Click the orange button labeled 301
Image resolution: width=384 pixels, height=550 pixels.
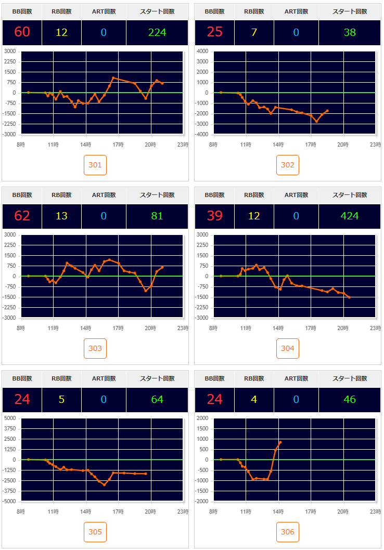(95, 165)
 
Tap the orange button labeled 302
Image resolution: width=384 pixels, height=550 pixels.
(288, 165)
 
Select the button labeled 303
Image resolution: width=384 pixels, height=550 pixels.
(95, 349)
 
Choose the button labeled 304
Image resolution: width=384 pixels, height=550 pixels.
(288, 349)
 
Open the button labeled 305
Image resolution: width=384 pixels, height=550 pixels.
(95, 532)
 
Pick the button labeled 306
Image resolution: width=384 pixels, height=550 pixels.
(288, 532)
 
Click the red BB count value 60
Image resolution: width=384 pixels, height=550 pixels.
(22, 32)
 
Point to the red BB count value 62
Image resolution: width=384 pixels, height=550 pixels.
(22, 216)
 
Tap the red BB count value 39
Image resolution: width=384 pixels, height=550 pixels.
(214, 216)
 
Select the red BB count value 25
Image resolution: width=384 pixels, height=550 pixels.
(214, 32)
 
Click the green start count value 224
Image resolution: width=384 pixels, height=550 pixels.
(157, 32)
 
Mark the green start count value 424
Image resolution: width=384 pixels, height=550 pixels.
(349, 216)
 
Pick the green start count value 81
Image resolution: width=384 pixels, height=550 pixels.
(157, 216)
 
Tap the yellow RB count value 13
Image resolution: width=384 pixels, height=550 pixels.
(61, 216)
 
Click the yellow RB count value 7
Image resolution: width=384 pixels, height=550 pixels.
(254, 32)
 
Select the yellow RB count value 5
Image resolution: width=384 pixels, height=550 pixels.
(61, 399)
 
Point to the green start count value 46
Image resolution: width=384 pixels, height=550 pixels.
(349, 399)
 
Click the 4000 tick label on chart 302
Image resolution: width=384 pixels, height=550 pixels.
(202, 51)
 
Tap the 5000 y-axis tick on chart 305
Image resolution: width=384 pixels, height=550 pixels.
(10, 418)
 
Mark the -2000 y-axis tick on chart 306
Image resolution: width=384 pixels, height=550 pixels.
(201, 502)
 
